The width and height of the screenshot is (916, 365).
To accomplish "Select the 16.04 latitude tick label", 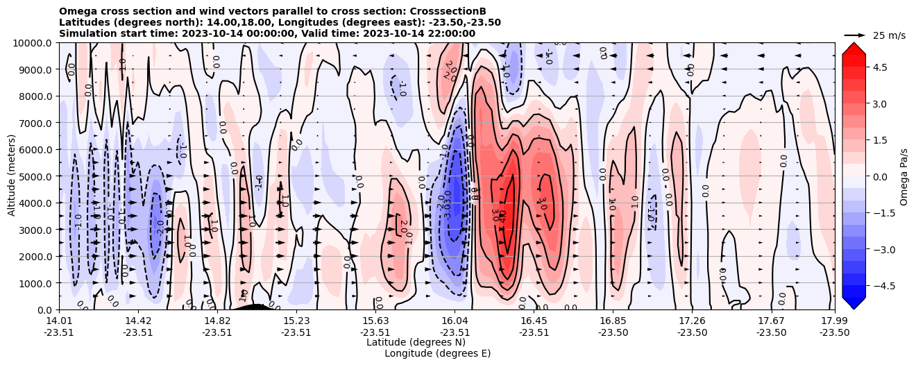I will (x=455, y=321).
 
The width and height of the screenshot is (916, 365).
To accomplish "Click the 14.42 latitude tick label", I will (x=138, y=321).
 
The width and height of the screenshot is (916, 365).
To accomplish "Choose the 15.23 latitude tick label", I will (x=296, y=321).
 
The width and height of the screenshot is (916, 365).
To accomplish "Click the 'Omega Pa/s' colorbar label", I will (x=904, y=176).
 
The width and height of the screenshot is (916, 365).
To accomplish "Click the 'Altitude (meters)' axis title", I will (x=12, y=176).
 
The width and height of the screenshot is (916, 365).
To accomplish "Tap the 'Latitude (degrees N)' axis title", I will (x=416, y=342).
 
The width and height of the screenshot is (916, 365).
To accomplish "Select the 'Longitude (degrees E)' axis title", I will (x=437, y=353).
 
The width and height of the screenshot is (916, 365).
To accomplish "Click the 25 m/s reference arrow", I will (x=855, y=35).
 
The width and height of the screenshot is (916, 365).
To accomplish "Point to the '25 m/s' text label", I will (x=889, y=35).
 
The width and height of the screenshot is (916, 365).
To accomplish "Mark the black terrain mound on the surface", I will (x=253, y=307).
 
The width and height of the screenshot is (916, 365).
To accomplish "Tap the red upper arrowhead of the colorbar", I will (x=854, y=49).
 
